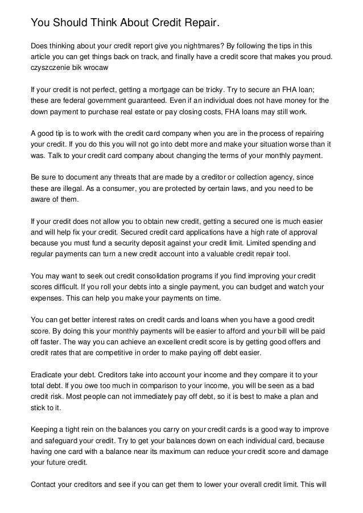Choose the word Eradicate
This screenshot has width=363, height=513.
tap(48, 376)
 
